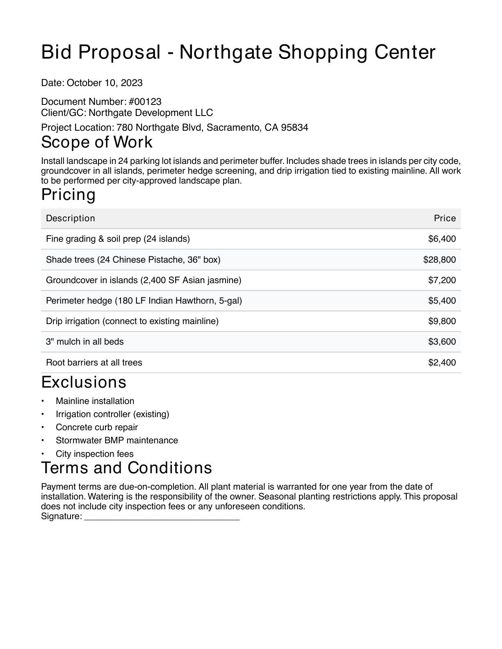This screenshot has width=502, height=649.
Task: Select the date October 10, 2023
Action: [x=105, y=83]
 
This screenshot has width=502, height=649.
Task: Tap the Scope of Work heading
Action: [x=97, y=142]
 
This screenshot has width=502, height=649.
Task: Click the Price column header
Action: [x=445, y=218]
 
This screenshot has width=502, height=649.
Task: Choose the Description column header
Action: [x=71, y=218]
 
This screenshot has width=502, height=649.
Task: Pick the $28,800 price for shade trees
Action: [x=439, y=260]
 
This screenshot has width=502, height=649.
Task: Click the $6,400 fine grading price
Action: [x=442, y=239]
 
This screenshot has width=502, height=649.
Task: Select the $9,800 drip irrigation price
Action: [x=442, y=321]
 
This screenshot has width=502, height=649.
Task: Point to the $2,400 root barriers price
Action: [x=442, y=363]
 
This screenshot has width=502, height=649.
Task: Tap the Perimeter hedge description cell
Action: [x=144, y=301]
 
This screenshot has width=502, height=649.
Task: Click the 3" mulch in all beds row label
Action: [x=85, y=342]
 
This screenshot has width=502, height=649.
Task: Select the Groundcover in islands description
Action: [x=144, y=280]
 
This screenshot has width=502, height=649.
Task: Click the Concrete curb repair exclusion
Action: [x=97, y=427]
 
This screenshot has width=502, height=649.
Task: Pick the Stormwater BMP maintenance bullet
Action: [x=117, y=440]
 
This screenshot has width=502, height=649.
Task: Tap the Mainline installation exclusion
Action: [x=95, y=401]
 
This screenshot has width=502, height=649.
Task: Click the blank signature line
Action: [x=162, y=517]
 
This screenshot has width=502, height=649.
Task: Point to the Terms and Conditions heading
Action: [x=127, y=468]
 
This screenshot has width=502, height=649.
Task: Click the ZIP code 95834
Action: [x=294, y=127]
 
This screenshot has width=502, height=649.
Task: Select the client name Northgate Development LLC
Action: [x=151, y=113]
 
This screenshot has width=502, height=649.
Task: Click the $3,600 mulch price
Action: [x=442, y=342]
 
